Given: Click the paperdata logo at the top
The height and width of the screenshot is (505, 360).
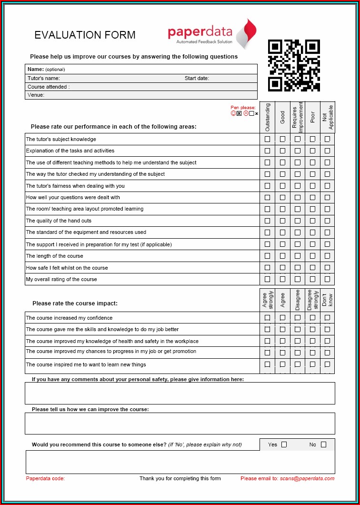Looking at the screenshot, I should coord(212,34).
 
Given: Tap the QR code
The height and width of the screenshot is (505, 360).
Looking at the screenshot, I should coord(294,65).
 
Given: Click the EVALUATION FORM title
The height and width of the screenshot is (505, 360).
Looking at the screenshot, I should coord(85,35).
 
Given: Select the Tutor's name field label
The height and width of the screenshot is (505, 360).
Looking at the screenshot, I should coord(44,78).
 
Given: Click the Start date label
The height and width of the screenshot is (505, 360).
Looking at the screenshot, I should coord(197,78).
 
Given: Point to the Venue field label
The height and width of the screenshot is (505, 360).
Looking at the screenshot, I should coord(36,95).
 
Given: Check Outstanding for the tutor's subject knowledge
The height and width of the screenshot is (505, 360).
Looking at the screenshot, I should coord(267,139).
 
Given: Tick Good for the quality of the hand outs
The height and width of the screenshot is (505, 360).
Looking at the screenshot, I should coord(282,221).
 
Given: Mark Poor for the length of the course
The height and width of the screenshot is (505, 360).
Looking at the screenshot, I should coord(312,256).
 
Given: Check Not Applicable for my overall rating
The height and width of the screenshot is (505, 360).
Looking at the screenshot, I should coord(327,279).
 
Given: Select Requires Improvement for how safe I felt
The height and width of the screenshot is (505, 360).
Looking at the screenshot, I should coord(298,268).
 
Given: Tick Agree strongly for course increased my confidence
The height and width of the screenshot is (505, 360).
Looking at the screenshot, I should coord(267,318).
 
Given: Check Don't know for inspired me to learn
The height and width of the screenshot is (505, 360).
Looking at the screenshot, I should coord(327,364).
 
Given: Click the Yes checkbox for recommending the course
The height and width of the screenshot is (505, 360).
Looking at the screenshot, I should coord(284,444).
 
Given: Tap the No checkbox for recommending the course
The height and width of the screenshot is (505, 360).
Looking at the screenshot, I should coord(323,444).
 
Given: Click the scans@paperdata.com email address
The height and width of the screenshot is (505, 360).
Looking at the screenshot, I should coord(307,478).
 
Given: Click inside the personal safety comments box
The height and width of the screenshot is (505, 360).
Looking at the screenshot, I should coord(180,393).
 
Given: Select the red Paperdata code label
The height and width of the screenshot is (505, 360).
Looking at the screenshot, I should coord(45,478).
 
